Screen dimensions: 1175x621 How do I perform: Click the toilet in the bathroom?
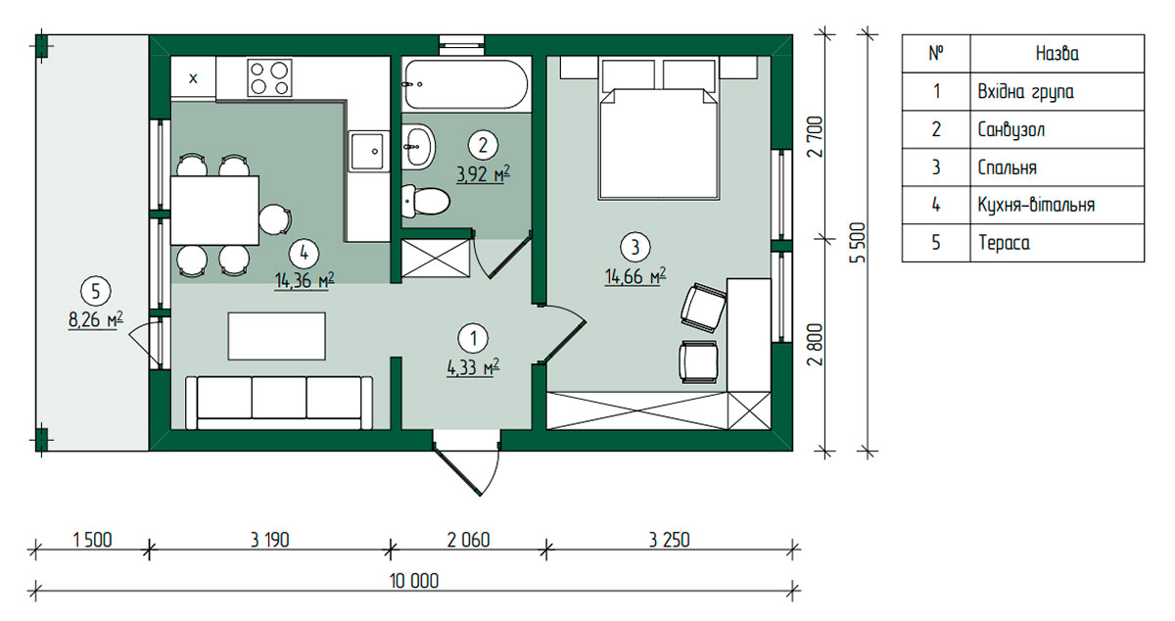point(425,201)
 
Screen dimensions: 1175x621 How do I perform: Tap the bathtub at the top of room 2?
point(466,84)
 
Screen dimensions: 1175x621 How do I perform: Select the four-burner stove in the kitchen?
point(269,77)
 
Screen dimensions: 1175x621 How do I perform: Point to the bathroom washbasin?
point(418,147)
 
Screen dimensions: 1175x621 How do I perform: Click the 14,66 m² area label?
point(635,275)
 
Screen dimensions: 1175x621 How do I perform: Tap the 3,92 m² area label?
point(483,173)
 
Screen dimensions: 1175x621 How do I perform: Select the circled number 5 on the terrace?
point(96,291)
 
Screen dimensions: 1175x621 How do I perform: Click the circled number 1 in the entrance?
point(473,339)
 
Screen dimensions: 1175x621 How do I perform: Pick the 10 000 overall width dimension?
point(414,581)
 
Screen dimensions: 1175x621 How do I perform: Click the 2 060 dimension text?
point(468,540)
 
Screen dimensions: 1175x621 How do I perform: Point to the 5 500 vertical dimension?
point(858,243)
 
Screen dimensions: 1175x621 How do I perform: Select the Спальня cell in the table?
point(1008,167)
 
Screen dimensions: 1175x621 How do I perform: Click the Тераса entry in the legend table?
point(1004,243)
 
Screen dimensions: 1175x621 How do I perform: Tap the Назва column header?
point(1057,54)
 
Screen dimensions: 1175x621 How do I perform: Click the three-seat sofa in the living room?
point(279,403)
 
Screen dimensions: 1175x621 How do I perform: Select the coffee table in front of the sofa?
point(276,336)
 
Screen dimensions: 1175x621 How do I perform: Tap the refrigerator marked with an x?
point(193,78)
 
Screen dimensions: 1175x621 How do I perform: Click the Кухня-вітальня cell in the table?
point(1036,205)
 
